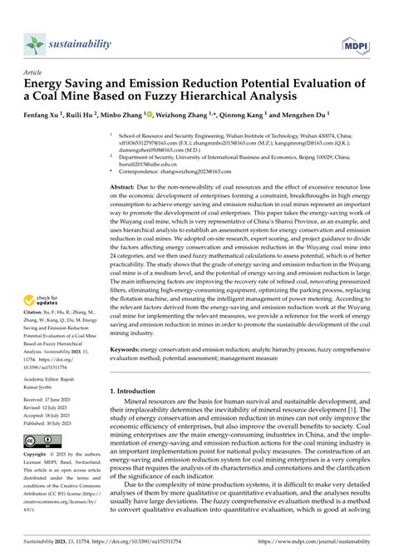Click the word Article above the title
[35, 72]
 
